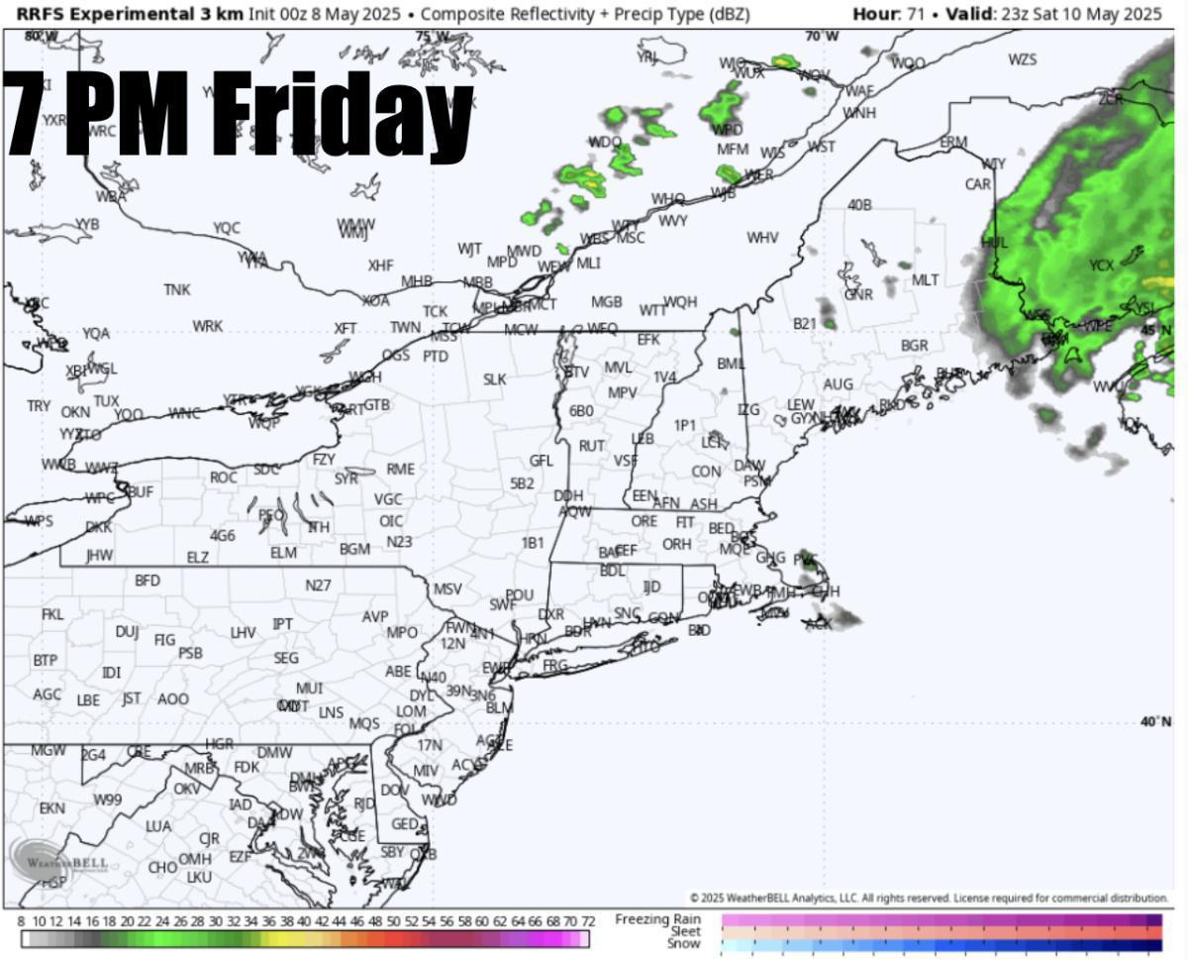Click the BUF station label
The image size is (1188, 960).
click(141, 491)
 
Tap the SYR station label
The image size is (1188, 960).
click(346, 479)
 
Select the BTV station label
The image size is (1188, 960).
click(576, 372)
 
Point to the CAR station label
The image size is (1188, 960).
click(977, 184)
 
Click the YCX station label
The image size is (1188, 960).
click(1101, 266)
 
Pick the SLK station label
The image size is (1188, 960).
click(494, 379)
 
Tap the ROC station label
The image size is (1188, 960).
click(223, 478)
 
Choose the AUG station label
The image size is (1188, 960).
click(838, 384)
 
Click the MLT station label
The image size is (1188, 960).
click(925, 280)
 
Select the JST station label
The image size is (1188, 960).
click(132, 698)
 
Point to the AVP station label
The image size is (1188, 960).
click(375, 616)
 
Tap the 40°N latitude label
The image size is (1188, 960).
click(1155, 721)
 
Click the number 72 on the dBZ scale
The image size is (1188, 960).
click(587, 921)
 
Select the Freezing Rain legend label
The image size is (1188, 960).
click(657, 919)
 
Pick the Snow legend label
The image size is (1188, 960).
click(683, 944)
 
